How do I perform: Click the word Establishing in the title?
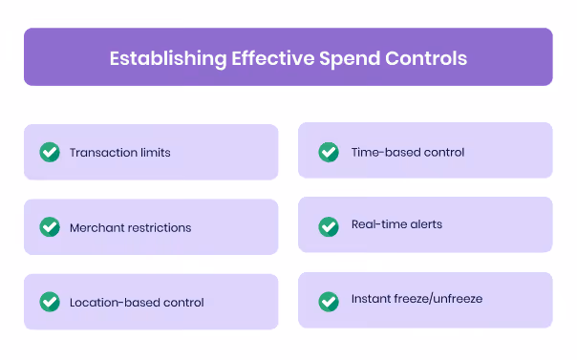[167, 57]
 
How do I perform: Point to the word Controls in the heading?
[426, 57]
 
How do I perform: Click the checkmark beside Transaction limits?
[50, 152]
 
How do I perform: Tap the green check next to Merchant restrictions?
[50, 227]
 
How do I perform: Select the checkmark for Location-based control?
[50, 302]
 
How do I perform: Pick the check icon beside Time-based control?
[329, 151]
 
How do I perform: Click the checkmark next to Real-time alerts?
[329, 225]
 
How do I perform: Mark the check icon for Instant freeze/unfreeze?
[329, 300]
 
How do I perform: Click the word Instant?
[372, 300]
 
